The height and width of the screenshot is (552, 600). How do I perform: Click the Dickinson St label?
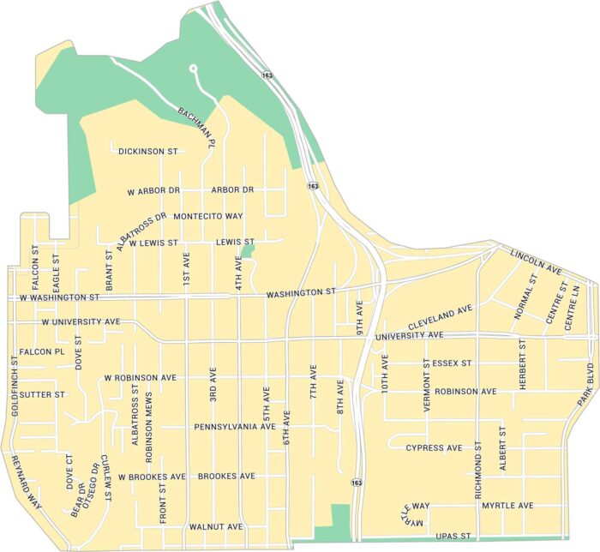[147, 152]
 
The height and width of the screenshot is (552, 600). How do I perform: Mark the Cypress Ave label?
[434, 447]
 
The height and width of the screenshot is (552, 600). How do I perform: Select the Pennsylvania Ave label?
[234, 426]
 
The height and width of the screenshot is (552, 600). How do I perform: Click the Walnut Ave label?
[216, 525]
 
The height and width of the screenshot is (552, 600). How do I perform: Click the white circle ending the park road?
[193, 69]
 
